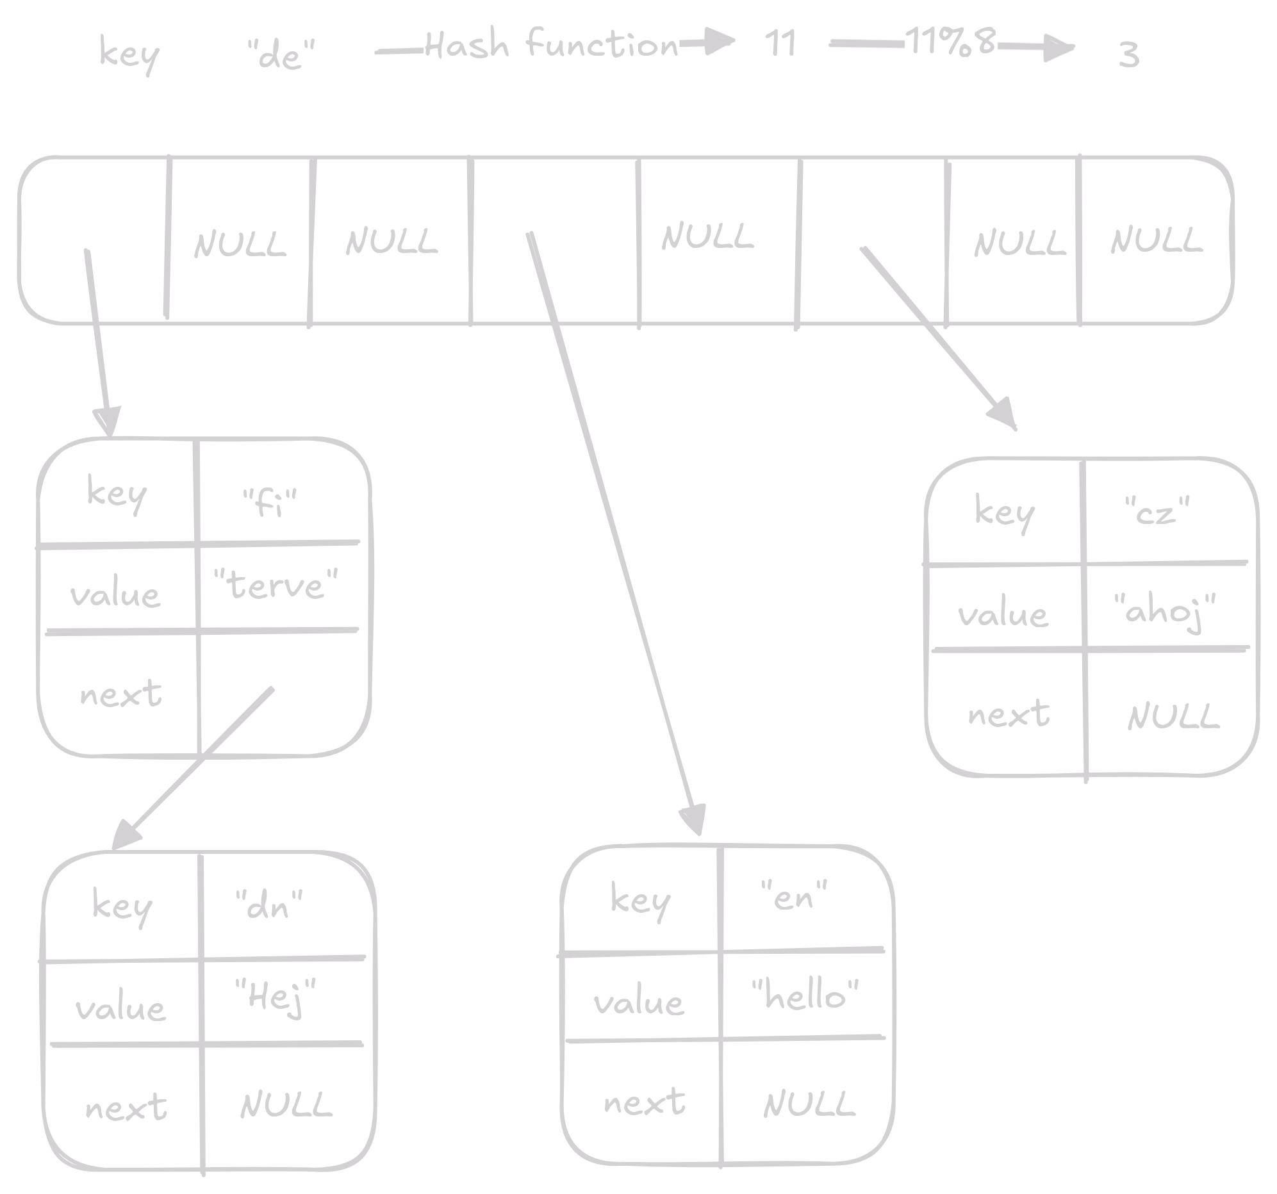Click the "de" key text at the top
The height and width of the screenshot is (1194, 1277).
[x=281, y=55]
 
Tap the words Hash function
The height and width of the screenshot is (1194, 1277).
[x=551, y=45]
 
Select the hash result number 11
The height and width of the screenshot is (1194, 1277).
[x=780, y=44]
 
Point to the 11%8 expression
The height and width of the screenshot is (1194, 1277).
[x=950, y=42]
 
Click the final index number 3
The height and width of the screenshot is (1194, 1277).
[x=1128, y=55]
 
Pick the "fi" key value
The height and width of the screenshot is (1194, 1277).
[x=270, y=503]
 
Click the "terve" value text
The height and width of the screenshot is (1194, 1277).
[x=276, y=585]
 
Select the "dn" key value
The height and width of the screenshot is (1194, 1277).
[x=269, y=905]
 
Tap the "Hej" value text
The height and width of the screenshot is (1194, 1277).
[x=276, y=997]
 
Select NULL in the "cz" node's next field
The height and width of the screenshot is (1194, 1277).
[x=1173, y=716]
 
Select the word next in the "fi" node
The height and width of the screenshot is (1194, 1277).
[x=120, y=694]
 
